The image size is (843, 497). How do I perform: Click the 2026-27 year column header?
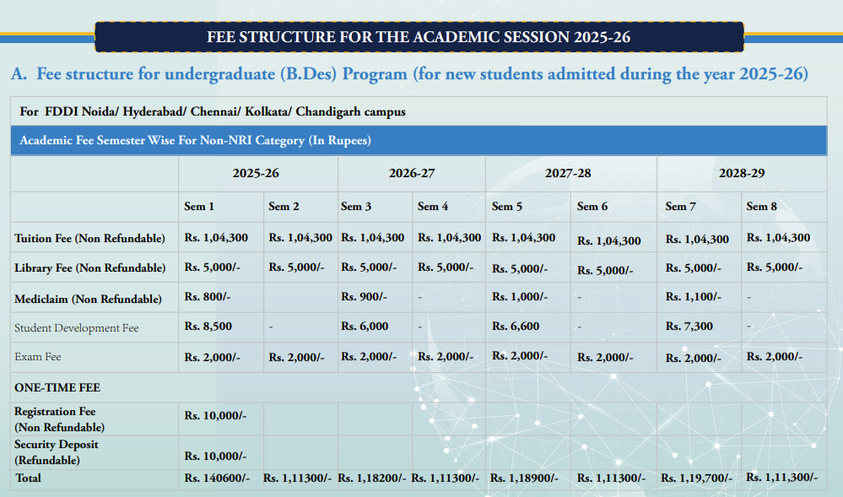pyautogui.click(x=412, y=173)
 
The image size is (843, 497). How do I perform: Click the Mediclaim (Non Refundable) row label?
pyautogui.click(x=88, y=299)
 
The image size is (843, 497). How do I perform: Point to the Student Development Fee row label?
pyautogui.click(x=77, y=327)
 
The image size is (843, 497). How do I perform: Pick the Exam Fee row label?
pyautogui.click(x=38, y=357)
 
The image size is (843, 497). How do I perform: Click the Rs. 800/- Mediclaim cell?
pyautogui.click(x=208, y=297)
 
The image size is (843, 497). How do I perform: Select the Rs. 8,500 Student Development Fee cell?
pyautogui.click(x=208, y=327)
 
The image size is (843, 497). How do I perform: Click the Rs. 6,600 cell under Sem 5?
pyautogui.click(x=515, y=327)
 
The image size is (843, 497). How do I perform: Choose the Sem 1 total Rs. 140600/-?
pyautogui.click(x=217, y=478)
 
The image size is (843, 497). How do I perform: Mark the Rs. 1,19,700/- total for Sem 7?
pyautogui.click(x=696, y=478)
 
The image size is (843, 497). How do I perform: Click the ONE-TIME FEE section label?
pyautogui.click(x=57, y=387)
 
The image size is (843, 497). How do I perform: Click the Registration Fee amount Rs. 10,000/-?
pyautogui.click(x=215, y=415)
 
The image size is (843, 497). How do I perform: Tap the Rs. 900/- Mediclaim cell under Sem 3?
pyautogui.click(x=364, y=297)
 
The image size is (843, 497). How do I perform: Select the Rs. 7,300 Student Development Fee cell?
pyautogui.click(x=689, y=327)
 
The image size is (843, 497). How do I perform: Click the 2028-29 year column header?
pyautogui.click(x=741, y=173)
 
